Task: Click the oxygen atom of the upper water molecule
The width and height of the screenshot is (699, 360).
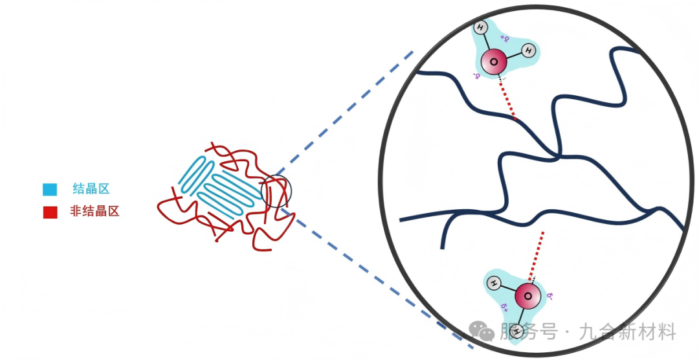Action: tap(494, 62)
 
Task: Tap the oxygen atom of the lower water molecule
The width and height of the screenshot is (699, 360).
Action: tap(528, 297)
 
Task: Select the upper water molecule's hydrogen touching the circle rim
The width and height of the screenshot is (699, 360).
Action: tap(480, 28)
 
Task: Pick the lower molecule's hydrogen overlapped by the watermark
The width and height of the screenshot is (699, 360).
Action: tap(516, 332)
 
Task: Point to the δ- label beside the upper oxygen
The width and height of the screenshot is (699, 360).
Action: tap(478, 76)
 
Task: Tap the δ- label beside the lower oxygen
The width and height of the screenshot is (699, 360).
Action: tap(549, 296)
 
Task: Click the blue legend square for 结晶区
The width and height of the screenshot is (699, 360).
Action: tap(50, 190)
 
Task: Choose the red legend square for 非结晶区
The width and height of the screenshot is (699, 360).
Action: tap(50, 212)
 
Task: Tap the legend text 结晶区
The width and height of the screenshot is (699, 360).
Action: tap(91, 189)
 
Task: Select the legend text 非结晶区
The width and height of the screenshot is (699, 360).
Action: tap(94, 211)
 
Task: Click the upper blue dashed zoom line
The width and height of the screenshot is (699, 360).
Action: tap(343, 117)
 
